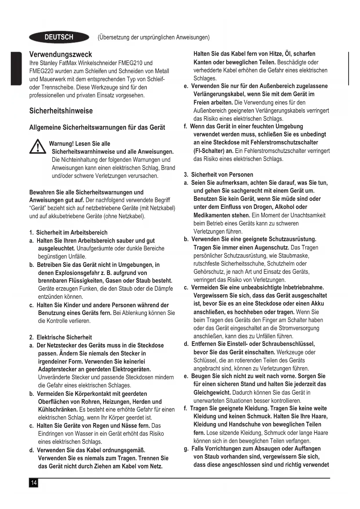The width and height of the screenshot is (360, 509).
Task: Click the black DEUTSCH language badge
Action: point(59,37)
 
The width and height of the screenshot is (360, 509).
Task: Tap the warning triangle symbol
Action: point(38,147)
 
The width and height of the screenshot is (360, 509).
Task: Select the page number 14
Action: point(34,483)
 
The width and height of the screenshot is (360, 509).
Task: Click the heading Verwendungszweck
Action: point(61,54)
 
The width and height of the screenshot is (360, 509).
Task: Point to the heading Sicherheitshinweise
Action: point(61,111)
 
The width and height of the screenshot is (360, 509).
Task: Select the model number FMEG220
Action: point(41,71)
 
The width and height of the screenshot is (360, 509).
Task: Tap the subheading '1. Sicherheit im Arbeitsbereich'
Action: point(68,232)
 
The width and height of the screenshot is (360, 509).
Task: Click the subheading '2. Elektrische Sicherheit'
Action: point(60,337)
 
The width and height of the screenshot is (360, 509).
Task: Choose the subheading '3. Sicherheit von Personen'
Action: point(219,175)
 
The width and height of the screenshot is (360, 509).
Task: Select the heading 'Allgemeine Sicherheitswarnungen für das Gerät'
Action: point(97,128)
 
